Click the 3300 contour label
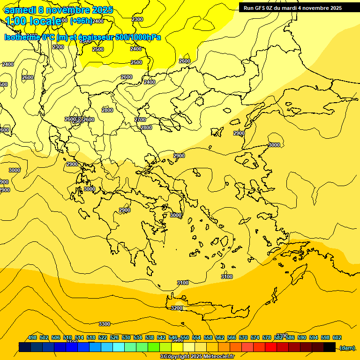pyautogui.click(x=105, y=324)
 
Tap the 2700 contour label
pyautogui.click(x=140, y=120)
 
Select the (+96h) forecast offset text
pyautogui.click(x=81, y=21)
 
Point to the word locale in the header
pyautogui.click(x=45, y=21)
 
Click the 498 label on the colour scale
pyautogui.click(x=32, y=337)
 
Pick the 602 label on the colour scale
pyautogui.click(x=337, y=337)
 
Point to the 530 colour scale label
pyautogui.click(x=126, y=337)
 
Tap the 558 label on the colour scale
pyautogui.click(x=208, y=337)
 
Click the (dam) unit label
pyautogui.click(x=347, y=348)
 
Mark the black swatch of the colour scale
pyautogui.click(x=330, y=347)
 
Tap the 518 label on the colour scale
pyautogui.click(x=91, y=337)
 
